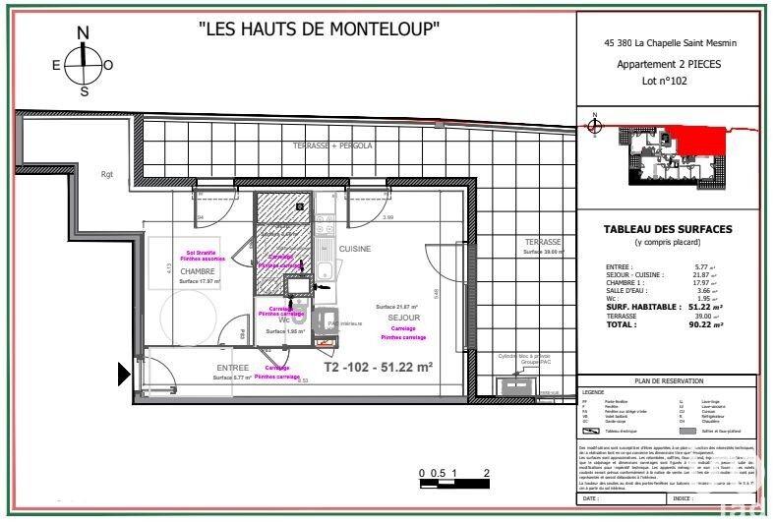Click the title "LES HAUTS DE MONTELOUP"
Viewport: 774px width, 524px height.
tap(320, 29)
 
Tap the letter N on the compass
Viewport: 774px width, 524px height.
tap(84, 32)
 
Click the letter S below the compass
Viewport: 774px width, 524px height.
tap(85, 91)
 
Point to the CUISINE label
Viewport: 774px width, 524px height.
tap(355, 249)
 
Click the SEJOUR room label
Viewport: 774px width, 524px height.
tap(404, 319)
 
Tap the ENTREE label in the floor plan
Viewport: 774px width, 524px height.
tap(233, 368)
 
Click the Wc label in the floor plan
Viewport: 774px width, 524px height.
tap(283, 320)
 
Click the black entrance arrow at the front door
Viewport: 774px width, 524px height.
tap(124, 374)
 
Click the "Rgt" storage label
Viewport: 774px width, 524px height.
tap(106, 175)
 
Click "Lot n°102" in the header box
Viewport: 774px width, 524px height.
tap(666, 82)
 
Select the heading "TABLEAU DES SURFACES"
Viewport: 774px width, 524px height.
tap(667, 230)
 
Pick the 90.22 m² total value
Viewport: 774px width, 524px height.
tap(705, 323)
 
